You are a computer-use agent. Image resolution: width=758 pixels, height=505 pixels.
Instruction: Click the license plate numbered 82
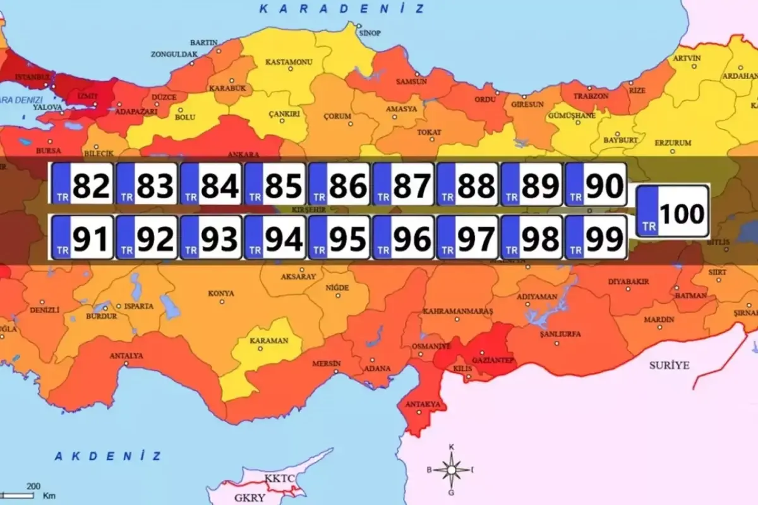pyautogui.click(x=82, y=184)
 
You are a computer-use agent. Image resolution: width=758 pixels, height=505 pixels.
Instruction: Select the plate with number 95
pyautogui.click(x=339, y=237)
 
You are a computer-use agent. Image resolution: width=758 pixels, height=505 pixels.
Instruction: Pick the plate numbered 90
pyautogui.click(x=596, y=184)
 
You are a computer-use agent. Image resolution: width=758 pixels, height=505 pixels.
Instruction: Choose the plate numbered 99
pyautogui.click(x=596, y=237)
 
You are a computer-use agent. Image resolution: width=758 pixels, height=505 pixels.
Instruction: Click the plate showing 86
pyautogui.click(x=339, y=184)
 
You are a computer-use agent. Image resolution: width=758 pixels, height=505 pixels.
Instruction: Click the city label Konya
pyautogui.click(x=221, y=294)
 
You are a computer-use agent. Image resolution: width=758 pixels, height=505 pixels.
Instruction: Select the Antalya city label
pyautogui.click(x=126, y=356)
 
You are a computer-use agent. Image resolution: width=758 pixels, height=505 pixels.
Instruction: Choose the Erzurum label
pyautogui.click(x=673, y=143)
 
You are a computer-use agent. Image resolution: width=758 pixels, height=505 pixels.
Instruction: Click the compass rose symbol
pyautogui.click(x=451, y=470)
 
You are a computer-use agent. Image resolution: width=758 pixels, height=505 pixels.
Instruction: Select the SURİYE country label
pyautogui.click(x=670, y=365)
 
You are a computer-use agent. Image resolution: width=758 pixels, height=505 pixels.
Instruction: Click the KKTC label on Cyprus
pyautogui.click(x=280, y=478)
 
